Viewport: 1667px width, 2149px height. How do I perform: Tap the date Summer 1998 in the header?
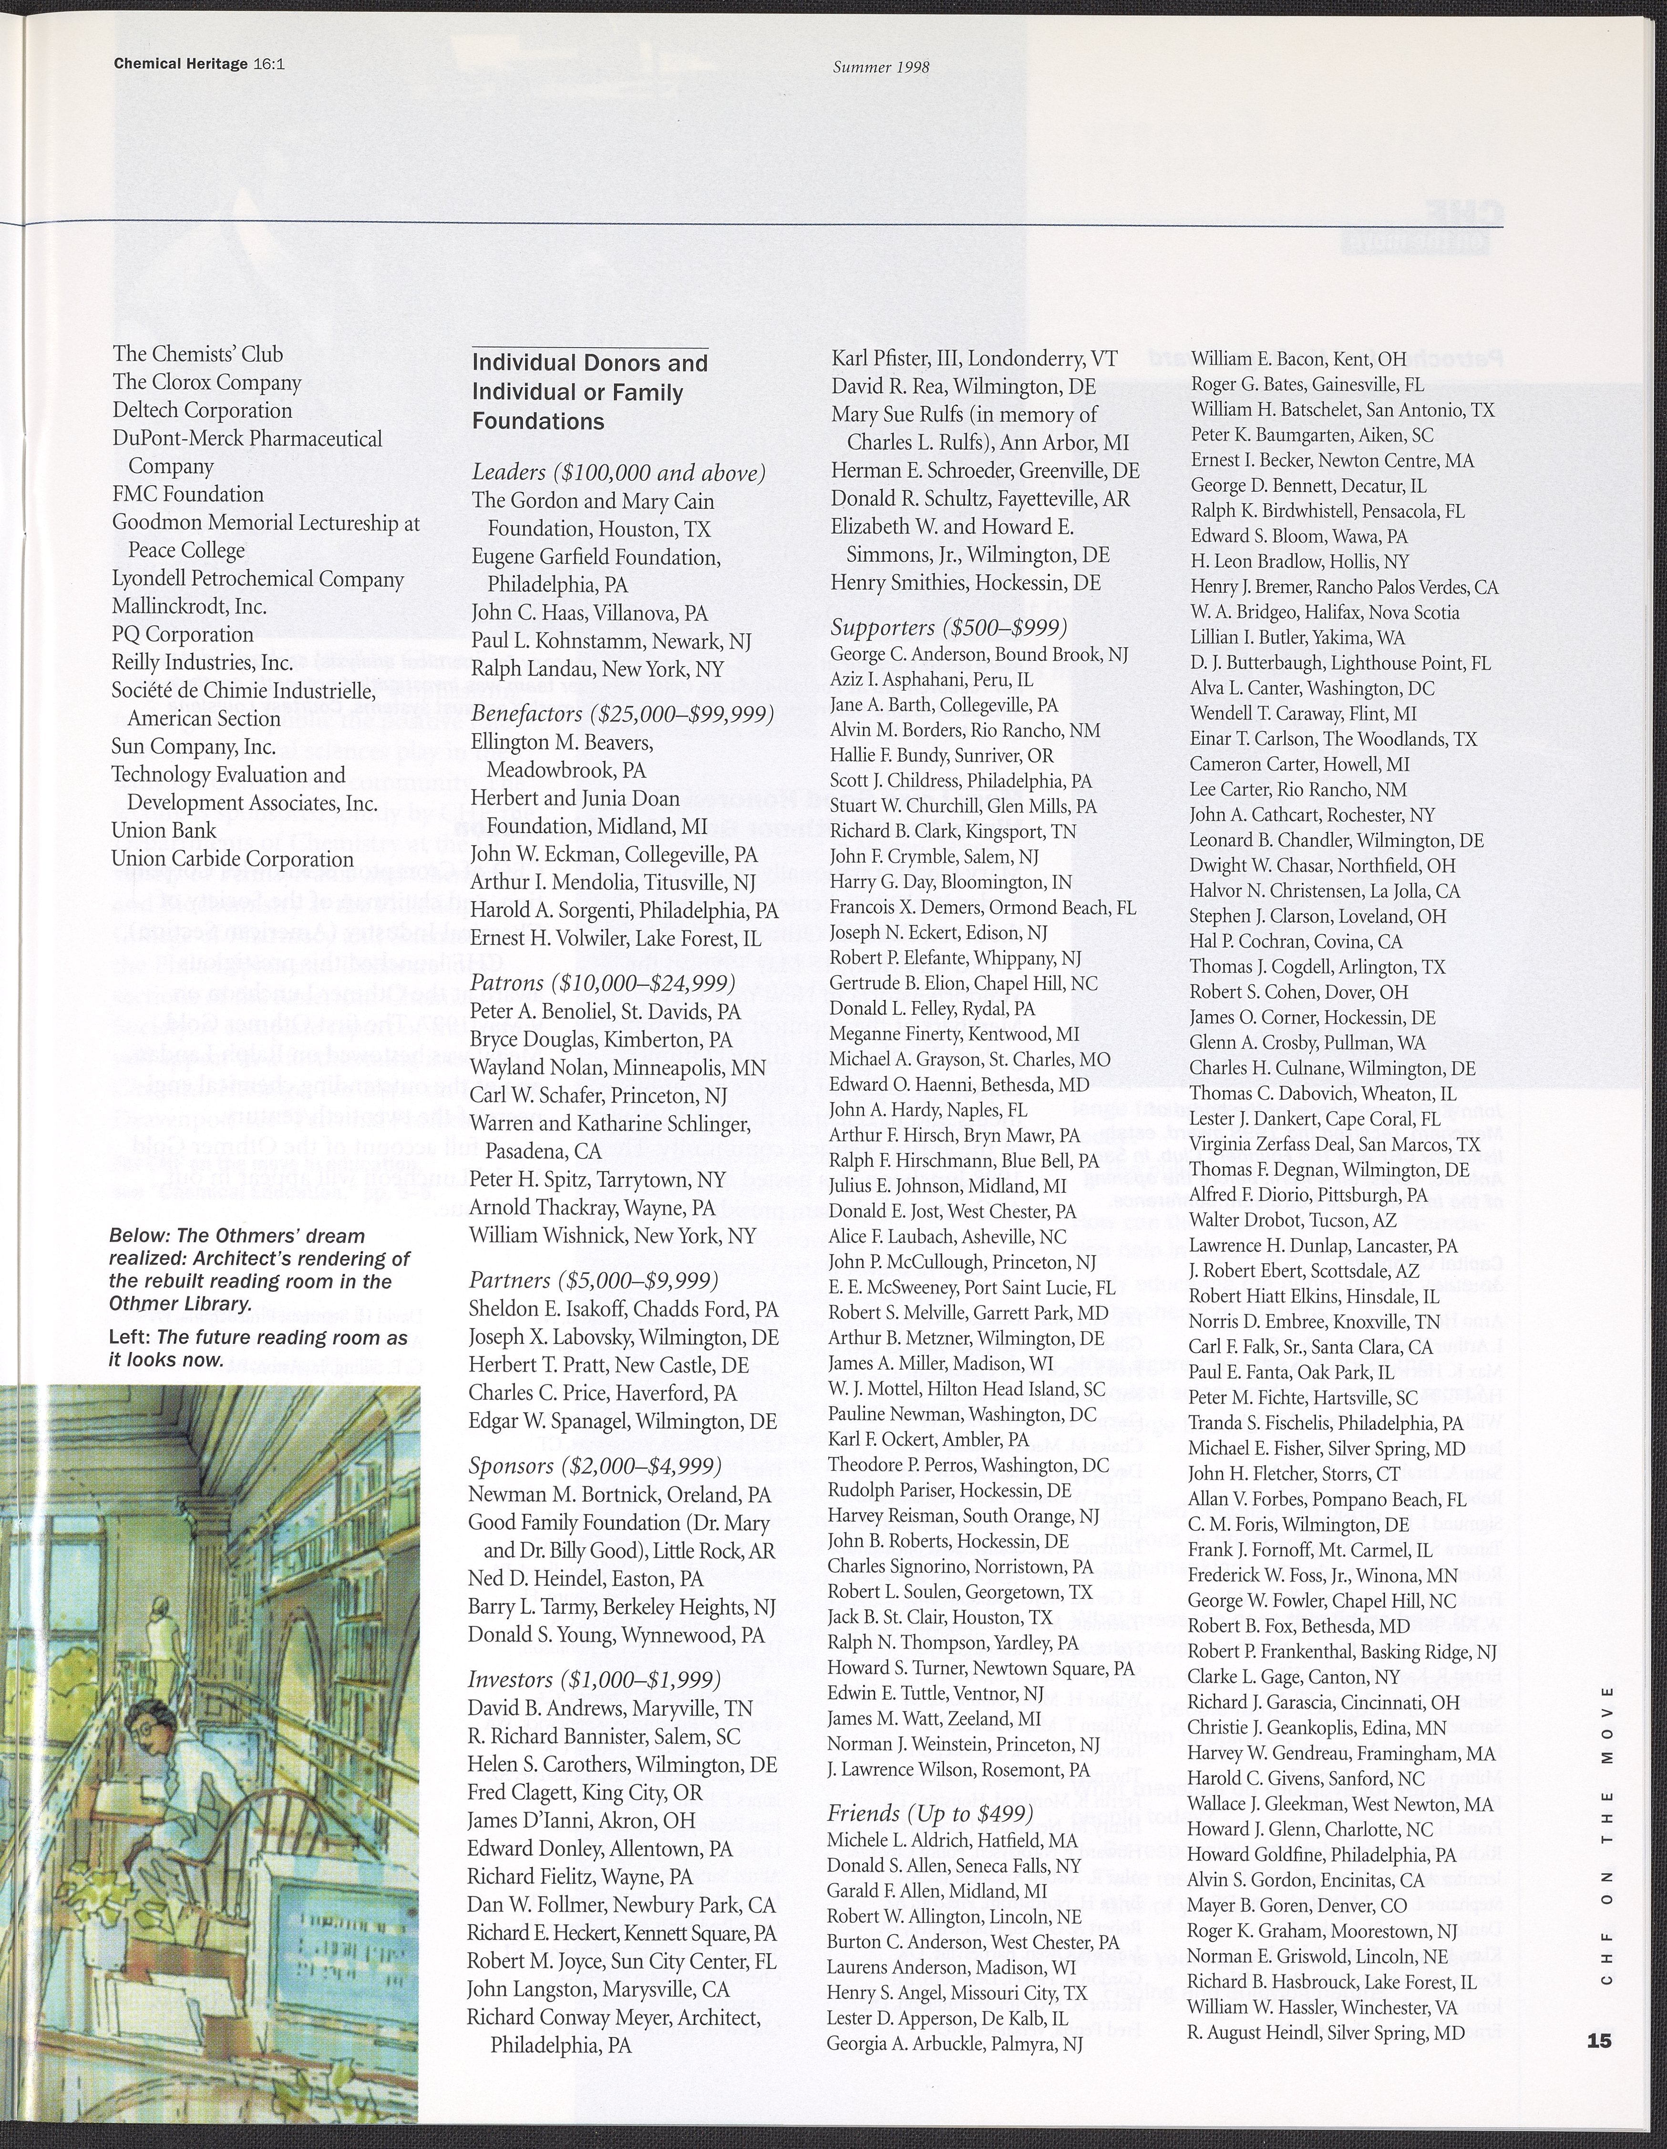click(881, 68)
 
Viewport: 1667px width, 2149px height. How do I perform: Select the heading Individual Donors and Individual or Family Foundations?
click(589, 392)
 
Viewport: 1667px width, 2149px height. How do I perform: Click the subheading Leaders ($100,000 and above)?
click(618, 473)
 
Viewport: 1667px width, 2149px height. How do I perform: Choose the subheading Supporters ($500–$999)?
click(948, 627)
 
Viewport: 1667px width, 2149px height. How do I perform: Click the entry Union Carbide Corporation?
click(232, 859)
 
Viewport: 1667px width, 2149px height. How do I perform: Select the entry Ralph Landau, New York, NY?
click(597, 669)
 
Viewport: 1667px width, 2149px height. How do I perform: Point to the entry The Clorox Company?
click(206, 383)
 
